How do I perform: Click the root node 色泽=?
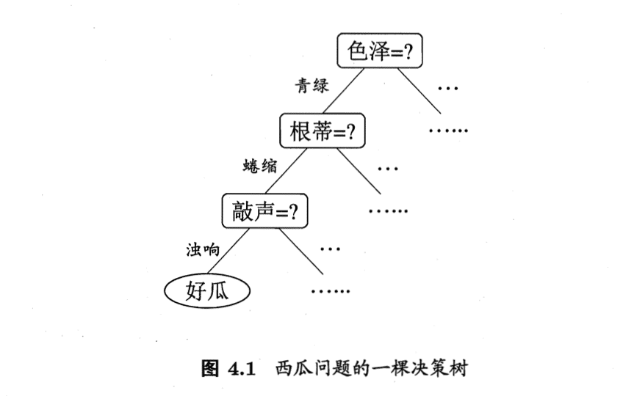(x=379, y=51)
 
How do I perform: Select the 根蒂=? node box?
(x=323, y=131)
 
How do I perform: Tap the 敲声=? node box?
(x=264, y=210)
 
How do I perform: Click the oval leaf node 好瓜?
(x=207, y=291)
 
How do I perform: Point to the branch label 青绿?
(x=312, y=85)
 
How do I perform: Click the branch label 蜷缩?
(x=260, y=166)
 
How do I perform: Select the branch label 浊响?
(x=203, y=249)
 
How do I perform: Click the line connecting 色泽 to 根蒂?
(x=343, y=91)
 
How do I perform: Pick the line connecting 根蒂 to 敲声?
(x=286, y=171)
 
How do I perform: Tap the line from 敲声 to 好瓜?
(x=228, y=252)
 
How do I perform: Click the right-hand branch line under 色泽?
(x=419, y=91)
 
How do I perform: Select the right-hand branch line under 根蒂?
(x=359, y=172)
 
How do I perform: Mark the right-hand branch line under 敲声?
(x=301, y=252)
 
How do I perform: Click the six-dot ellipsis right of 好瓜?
(x=331, y=292)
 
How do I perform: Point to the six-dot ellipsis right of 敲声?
(x=388, y=211)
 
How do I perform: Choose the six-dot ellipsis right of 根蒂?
(x=448, y=131)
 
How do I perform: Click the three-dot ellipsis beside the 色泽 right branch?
(x=448, y=89)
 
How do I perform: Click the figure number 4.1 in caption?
(x=241, y=369)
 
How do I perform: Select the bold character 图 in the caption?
(x=210, y=368)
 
